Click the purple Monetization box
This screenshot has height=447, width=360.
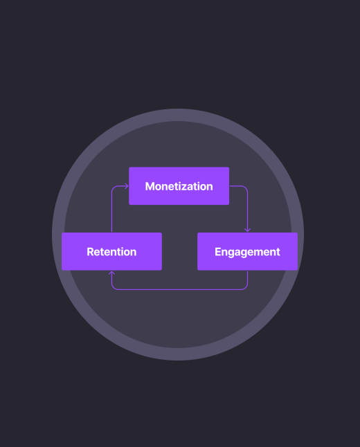click(x=179, y=186)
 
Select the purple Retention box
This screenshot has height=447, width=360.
click(x=112, y=251)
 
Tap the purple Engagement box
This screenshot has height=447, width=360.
click(x=247, y=251)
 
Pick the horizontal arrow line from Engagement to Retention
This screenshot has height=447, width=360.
click(x=180, y=289)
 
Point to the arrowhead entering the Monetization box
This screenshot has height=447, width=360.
click(x=127, y=186)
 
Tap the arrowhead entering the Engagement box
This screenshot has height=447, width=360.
click(x=247, y=230)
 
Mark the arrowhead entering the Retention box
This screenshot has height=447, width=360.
click(x=112, y=273)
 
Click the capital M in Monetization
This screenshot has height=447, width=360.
click(x=150, y=186)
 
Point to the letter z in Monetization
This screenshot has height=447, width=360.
click(x=186, y=188)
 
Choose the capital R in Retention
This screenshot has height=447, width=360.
click(x=91, y=252)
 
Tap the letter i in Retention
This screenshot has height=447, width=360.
click(x=118, y=252)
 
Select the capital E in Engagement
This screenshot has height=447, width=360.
click(x=218, y=252)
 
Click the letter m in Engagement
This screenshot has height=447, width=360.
click(x=259, y=253)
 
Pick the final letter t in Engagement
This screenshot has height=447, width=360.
click(x=278, y=253)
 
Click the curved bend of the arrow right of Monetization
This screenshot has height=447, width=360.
click(x=245, y=188)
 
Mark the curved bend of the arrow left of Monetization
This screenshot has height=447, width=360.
click(x=114, y=188)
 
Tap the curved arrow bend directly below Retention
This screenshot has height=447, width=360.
click(x=114, y=287)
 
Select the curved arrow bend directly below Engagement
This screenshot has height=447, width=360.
click(x=245, y=287)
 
